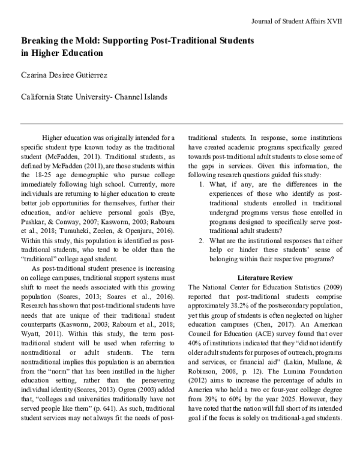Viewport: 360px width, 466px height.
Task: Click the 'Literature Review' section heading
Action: [265, 278]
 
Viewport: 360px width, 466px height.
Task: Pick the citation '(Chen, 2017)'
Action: [277, 324]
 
